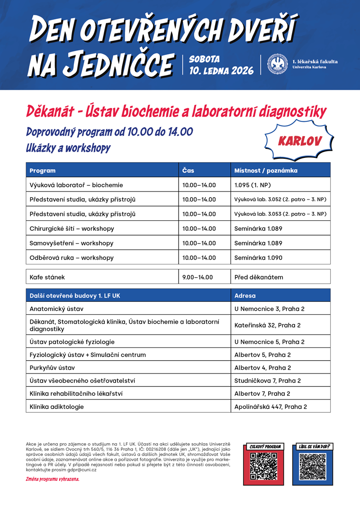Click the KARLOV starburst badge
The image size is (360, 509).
(x=299, y=141)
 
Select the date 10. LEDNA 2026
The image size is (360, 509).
(x=221, y=71)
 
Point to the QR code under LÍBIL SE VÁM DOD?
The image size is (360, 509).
(x=313, y=466)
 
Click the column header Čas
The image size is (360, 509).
(x=188, y=171)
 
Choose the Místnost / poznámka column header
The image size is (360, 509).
(x=266, y=171)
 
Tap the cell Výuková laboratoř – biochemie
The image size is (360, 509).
(x=76, y=185)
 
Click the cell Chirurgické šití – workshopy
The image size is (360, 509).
(x=72, y=229)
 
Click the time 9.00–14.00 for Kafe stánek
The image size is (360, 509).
(x=198, y=277)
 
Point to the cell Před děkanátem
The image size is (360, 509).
(x=259, y=277)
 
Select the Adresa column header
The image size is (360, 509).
(x=245, y=296)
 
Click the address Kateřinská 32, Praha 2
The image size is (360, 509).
(x=268, y=326)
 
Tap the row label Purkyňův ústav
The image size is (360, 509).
(x=52, y=368)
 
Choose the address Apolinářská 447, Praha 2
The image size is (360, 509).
(x=271, y=407)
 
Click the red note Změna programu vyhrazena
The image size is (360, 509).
(x=53, y=479)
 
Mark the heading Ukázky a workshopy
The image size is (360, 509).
(x=68, y=148)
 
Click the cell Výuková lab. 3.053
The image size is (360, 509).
(x=280, y=214)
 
